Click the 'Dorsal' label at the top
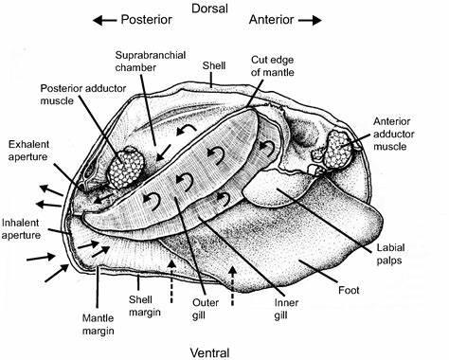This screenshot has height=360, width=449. point(209,9)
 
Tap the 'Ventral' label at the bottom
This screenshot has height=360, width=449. point(209,353)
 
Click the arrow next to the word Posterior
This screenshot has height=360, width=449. point(104,21)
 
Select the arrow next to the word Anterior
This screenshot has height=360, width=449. point(310,21)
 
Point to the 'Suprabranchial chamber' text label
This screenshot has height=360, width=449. point(151,61)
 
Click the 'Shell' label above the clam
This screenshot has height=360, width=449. point(214,65)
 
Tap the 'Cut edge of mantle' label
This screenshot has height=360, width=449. point(273,66)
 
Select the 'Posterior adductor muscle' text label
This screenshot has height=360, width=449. point(83,95)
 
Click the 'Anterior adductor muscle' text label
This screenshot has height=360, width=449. point(394,134)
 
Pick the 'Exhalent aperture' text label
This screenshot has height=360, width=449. point(28,151)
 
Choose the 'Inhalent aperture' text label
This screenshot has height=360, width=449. point(21,229)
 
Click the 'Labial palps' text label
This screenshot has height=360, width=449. point(390,254)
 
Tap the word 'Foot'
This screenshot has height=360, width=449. point(349,290)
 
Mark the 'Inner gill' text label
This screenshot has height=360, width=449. point(286,309)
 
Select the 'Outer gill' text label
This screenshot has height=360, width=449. point(206,309)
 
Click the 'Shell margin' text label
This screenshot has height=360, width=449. point(145,306)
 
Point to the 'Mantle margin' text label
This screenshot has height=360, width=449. point(99,324)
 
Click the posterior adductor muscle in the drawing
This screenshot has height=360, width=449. point(126,167)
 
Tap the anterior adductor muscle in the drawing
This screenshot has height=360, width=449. point(338,150)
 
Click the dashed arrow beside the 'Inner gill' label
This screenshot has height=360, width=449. point(233,286)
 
